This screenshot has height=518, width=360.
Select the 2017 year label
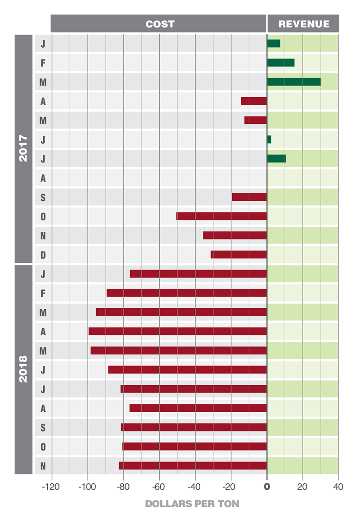tap(23, 149)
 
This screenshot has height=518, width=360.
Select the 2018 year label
tap(23, 369)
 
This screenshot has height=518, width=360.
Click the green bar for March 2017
tap(294, 82)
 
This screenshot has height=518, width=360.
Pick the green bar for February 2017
tap(281, 63)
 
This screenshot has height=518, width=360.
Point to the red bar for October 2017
tap(221, 216)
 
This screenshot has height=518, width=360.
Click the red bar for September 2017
tap(249, 197)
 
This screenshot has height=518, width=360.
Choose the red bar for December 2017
tap(239, 255)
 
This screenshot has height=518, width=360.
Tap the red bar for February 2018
tap(187, 293)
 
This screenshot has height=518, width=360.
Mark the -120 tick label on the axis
tap(52, 487)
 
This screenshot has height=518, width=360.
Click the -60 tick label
tap(159, 487)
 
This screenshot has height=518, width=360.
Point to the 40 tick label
tap(338, 487)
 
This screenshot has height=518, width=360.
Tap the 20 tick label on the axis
tap(302, 487)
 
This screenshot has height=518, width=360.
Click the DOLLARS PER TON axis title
tap(192, 504)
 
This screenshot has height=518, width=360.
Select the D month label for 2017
tap(43, 255)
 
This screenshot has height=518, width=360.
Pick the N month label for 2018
tap(43, 466)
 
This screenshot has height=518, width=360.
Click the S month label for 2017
tap(43, 198)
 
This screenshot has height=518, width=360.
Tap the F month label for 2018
tap(43, 293)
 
